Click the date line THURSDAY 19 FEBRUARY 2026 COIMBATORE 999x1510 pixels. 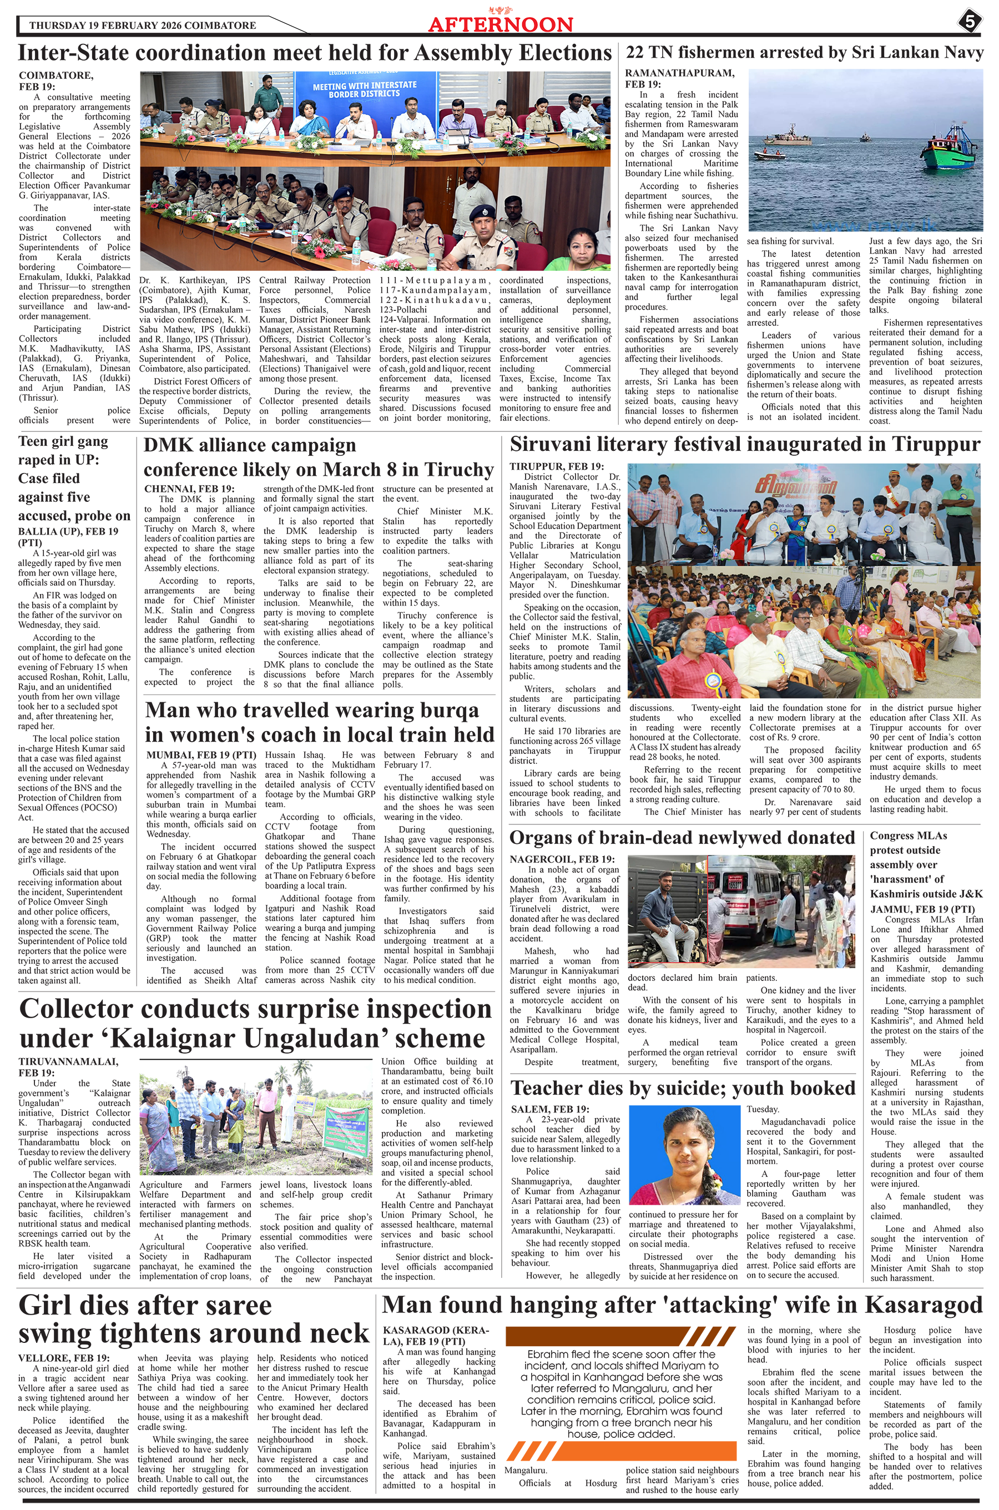143,26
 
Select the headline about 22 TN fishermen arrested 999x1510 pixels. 805,53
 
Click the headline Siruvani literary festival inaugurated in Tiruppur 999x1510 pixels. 745,444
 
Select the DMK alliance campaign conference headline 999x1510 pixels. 319,457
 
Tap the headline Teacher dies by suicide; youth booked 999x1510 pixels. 682,1088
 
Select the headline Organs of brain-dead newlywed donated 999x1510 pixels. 682,837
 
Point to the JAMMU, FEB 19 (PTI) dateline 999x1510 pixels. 917,909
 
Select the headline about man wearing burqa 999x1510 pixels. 319,722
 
